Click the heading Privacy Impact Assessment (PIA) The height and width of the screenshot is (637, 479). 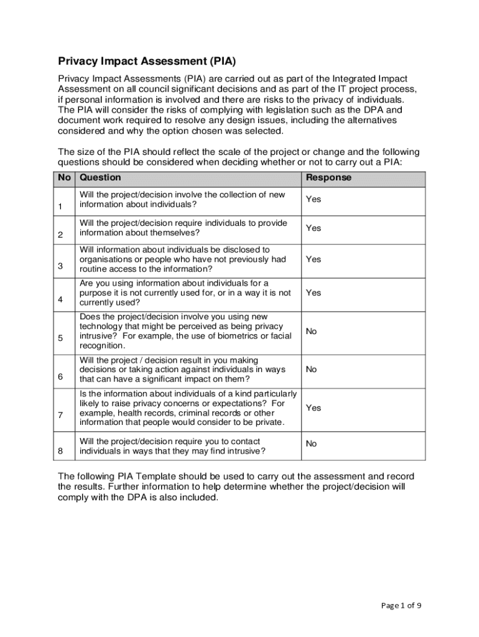pyautogui.click(x=147, y=62)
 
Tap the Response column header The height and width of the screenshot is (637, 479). pyautogui.click(x=328, y=178)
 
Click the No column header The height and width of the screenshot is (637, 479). pyautogui.click(x=65, y=178)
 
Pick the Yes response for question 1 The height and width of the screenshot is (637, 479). pyautogui.click(x=314, y=200)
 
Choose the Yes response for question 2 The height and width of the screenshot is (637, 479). pyautogui.click(x=314, y=228)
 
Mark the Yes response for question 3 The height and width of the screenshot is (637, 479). pyautogui.click(x=314, y=259)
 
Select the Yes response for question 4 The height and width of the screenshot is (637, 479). pyautogui.click(x=314, y=292)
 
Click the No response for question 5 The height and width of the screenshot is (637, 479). pyautogui.click(x=311, y=332)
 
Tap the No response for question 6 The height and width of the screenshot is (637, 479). pyautogui.click(x=311, y=370)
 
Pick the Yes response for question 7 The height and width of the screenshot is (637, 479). pyautogui.click(x=314, y=408)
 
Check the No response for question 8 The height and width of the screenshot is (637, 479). pyautogui.click(x=311, y=444)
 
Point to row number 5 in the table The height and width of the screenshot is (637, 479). pyautogui.click(x=60, y=338)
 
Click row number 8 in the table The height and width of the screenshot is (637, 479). pyautogui.click(x=60, y=451)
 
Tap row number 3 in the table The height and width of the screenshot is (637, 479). pyautogui.click(x=60, y=266)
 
